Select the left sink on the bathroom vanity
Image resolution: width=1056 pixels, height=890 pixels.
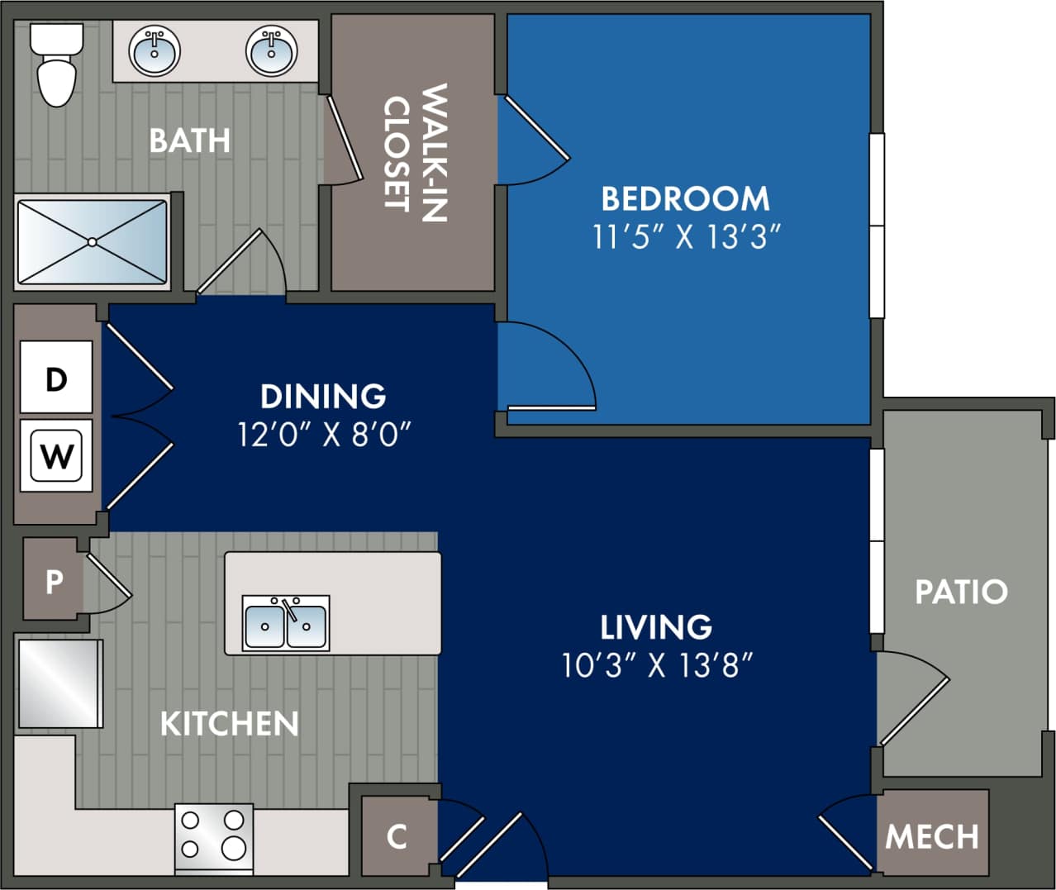point(155,51)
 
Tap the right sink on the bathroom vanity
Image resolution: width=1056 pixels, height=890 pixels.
point(271,51)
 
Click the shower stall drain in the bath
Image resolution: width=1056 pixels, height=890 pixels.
point(92,241)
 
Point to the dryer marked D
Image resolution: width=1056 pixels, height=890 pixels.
point(56,378)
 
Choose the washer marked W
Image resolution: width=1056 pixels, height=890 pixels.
point(56,455)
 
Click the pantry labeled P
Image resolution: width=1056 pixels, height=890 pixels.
point(54,581)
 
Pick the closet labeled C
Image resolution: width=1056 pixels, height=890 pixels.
point(397,836)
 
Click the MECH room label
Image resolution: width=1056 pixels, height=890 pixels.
point(931,836)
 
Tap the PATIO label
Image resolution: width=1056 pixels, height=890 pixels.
point(961,592)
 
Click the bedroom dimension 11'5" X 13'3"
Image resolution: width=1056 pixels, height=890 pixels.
point(686,237)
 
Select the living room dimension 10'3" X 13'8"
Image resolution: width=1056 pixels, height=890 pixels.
point(657,664)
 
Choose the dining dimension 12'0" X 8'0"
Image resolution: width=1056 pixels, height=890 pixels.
point(324,433)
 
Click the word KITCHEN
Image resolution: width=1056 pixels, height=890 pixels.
point(229,724)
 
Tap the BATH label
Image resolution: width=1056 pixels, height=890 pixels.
point(189,140)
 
